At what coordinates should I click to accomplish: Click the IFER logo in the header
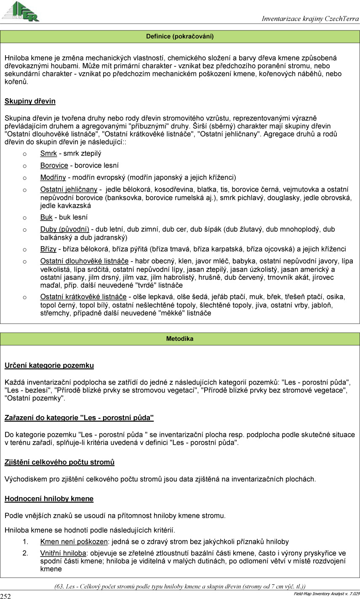21,11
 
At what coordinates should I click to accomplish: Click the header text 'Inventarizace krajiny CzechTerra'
310,19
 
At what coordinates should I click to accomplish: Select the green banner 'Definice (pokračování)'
180,37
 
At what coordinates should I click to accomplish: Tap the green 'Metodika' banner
180,339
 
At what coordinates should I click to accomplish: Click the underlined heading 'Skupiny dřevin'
30,102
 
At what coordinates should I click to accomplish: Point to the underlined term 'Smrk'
48,154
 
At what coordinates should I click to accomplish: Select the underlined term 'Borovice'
54,166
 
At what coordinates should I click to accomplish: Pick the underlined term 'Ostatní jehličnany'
69,190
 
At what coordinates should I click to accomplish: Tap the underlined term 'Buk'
46,217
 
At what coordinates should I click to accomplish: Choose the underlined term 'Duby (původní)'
64,230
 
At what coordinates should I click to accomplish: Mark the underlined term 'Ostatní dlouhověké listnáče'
84,261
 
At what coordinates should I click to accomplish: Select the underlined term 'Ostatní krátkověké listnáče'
83,297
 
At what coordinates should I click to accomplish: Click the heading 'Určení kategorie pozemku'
49,366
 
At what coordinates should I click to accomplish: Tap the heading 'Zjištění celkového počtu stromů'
59,463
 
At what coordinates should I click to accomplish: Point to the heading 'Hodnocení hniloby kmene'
49,499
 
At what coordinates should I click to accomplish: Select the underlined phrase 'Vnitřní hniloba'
63,553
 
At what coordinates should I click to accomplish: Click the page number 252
6,596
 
